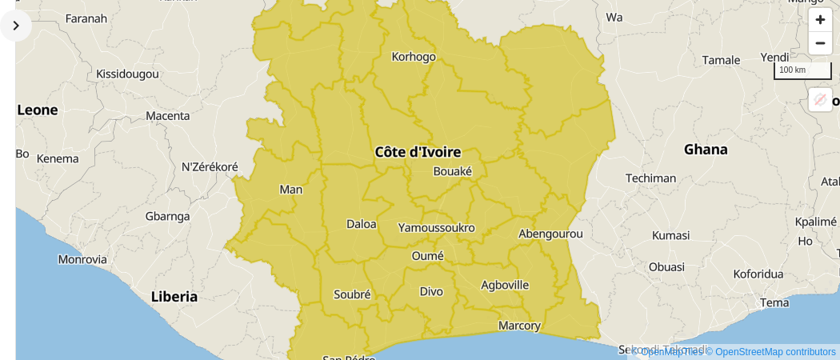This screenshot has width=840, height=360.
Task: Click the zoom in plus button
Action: (x=820, y=20)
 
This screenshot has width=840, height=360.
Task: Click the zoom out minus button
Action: (x=820, y=43)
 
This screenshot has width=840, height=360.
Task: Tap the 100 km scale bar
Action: (x=802, y=70)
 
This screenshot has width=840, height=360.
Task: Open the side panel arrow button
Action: (x=16, y=26)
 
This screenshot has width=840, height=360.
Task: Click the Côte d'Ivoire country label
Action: (x=418, y=152)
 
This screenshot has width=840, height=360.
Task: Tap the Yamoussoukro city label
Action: (x=436, y=227)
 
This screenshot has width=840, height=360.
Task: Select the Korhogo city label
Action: (x=414, y=57)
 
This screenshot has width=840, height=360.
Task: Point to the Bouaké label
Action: (x=452, y=171)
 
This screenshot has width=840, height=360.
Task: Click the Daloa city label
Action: (x=361, y=224)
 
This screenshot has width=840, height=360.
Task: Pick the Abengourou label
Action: (x=550, y=234)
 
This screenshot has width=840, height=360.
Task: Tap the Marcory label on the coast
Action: (x=519, y=326)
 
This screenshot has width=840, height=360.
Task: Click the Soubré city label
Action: (x=352, y=294)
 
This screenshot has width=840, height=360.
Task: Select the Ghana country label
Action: (x=706, y=150)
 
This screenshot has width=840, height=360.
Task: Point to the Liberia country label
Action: (x=174, y=297)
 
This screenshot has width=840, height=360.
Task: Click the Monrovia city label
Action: (x=82, y=259)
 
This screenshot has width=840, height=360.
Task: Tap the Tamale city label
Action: (x=721, y=60)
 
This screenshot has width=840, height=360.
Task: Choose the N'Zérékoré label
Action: (x=210, y=167)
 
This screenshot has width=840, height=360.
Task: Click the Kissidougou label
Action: (x=127, y=74)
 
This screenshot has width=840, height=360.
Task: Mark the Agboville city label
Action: (x=505, y=285)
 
